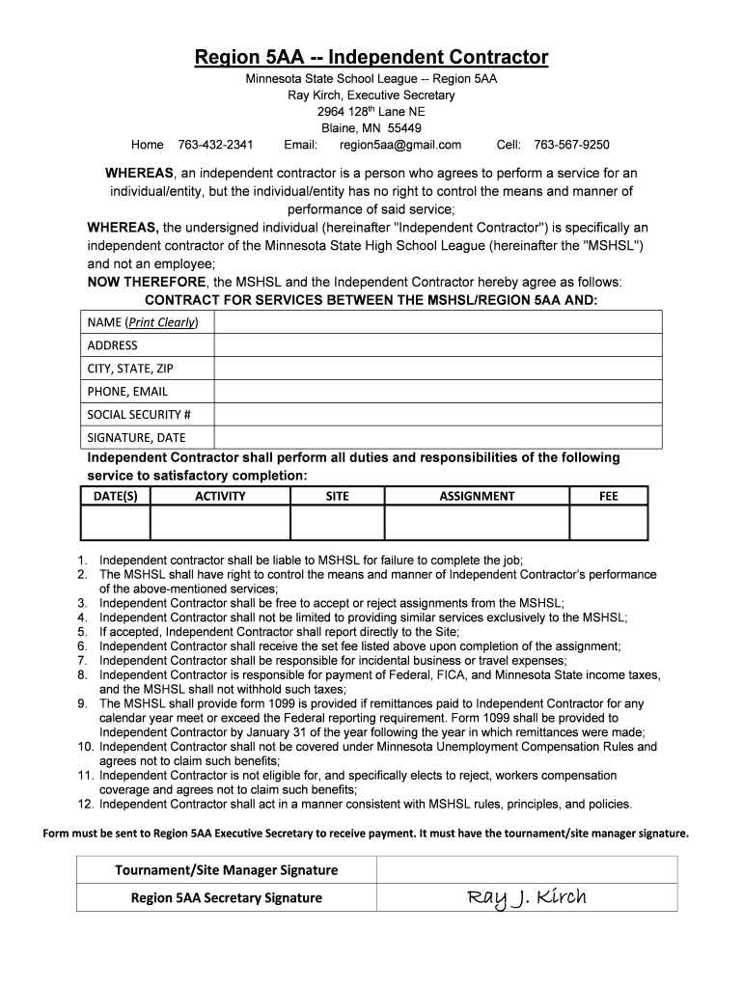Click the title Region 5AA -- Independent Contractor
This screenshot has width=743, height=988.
371,57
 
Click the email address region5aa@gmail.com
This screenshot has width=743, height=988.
400,145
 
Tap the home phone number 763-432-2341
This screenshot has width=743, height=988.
215,145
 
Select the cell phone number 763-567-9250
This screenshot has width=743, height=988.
571,145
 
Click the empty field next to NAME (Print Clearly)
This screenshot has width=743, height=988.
438,321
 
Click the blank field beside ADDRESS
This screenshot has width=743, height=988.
438,344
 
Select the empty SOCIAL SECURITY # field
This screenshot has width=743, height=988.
438,414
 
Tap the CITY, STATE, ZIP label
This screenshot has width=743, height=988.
131,368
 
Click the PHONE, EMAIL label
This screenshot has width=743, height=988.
127,391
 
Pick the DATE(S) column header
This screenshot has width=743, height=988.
115,496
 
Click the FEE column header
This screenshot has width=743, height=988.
608,496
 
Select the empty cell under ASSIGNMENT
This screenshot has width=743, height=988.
477,522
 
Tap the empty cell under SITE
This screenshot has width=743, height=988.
338,522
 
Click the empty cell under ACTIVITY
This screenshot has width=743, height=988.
220,522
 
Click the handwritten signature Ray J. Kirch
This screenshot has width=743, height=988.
527,897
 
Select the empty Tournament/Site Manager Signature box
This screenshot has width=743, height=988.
527,869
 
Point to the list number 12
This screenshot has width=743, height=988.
84,804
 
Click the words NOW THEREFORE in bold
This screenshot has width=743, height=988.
147,281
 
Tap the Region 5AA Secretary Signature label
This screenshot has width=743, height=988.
227,897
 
